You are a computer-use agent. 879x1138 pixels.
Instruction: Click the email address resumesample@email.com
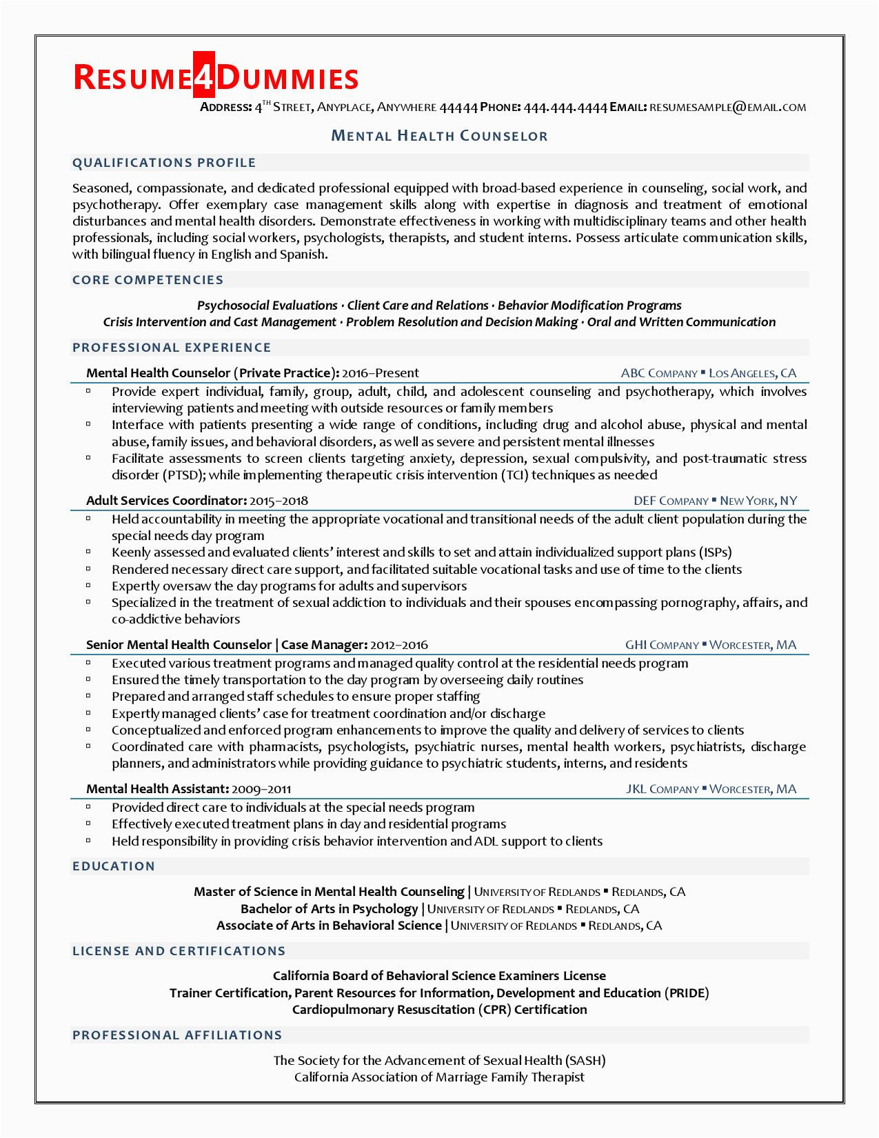[x=727, y=107]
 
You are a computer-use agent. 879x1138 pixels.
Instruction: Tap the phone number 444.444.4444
[x=565, y=107]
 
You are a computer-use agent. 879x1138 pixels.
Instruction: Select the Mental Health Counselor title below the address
[x=440, y=136]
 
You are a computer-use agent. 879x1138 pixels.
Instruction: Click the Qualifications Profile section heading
[x=164, y=163]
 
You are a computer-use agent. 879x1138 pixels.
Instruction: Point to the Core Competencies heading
[x=148, y=280]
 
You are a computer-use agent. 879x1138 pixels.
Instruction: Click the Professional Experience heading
[x=172, y=348]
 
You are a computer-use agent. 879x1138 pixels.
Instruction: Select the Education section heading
[x=114, y=866]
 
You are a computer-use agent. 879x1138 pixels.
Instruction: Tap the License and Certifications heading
[x=179, y=951]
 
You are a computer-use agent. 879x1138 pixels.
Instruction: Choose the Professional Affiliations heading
[x=177, y=1035]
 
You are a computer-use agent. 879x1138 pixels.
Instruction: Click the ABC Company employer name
[x=659, y=374]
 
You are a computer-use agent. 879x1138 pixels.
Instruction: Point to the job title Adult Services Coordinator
[x=166, y=501]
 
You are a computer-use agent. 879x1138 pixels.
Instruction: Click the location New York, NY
[x=758, y=501]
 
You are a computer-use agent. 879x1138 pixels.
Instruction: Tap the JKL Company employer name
[x=662, y=789]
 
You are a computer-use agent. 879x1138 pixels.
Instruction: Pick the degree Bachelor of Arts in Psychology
[x=329, y=909]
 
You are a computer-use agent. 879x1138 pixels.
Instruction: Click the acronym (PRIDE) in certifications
[x=686, y=993]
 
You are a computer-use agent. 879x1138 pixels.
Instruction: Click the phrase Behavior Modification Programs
[x=589, y=306]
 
